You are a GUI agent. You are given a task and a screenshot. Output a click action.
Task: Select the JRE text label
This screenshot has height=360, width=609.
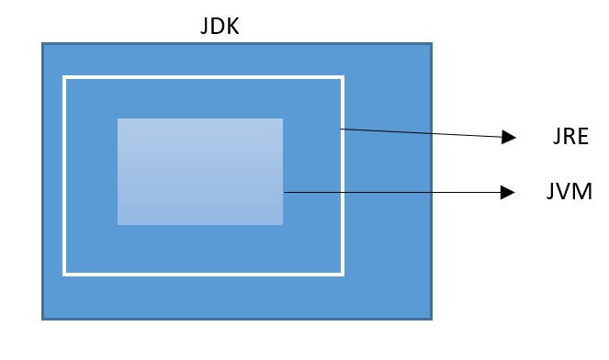coord(565,138)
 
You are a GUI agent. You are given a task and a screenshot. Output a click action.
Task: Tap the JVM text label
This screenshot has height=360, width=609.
coord(567,192)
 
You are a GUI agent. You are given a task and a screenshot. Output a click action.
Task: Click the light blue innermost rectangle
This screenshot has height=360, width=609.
coord(199,171)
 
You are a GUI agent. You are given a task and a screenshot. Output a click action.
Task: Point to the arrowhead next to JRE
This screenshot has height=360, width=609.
coord(509,138)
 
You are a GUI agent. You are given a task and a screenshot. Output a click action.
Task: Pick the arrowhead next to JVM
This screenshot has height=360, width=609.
coord(508,192)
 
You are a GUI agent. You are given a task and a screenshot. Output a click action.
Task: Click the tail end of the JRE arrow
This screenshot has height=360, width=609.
coord(341,129)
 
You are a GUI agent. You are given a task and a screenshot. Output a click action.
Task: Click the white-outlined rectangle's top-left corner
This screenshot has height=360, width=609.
coord(64,78)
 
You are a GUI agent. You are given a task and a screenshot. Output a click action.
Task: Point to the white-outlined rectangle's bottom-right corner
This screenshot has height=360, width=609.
coord(342,274)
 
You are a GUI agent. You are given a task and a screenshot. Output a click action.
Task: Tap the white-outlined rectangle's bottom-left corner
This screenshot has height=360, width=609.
coord(64,274)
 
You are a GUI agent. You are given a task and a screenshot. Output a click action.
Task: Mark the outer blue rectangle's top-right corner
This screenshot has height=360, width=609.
coord(431,44)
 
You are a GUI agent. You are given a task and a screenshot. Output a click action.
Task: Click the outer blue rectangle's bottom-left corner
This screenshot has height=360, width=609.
coord(42,318)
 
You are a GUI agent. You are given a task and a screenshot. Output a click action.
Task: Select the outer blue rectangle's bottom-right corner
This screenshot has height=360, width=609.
coord(431,318)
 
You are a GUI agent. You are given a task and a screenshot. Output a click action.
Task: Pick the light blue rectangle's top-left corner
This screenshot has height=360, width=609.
coord(118,118)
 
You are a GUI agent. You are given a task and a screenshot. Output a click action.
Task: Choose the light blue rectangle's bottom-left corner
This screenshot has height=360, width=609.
coord(118,224)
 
